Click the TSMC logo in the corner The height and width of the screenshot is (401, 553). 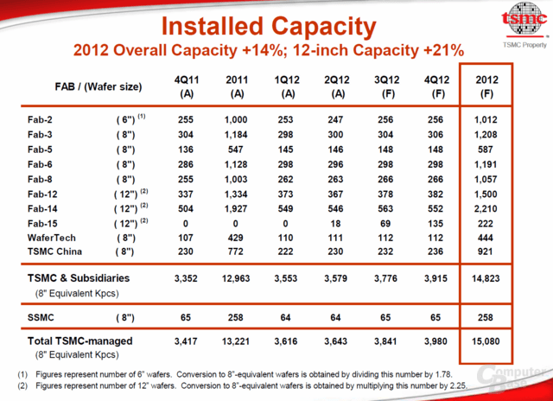click(524, 20)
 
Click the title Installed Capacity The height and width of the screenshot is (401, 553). click(269, 27)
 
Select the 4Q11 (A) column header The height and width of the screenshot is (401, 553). click(187, 86)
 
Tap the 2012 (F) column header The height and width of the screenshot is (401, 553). click(486, 86)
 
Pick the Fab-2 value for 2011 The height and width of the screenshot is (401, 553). click(236, 120)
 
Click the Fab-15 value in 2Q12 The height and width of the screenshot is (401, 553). click(335, 224)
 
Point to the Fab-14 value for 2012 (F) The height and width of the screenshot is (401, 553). click(486, 209)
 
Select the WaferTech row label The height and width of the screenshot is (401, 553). click(52, 238)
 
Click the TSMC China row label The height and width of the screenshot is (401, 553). click(54, 251)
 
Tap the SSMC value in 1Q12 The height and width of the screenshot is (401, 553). click(285, 318)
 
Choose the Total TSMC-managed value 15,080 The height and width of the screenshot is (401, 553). click(486, 341)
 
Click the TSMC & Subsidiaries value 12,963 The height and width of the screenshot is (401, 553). click(236, 278)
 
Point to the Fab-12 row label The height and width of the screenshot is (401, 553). click(42, 194)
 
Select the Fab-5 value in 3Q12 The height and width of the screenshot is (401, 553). click(385, 150)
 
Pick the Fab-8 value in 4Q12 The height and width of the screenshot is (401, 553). click(435, 180)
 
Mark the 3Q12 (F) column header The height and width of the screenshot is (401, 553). click(387, 86)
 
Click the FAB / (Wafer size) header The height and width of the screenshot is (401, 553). click(99, 86)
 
